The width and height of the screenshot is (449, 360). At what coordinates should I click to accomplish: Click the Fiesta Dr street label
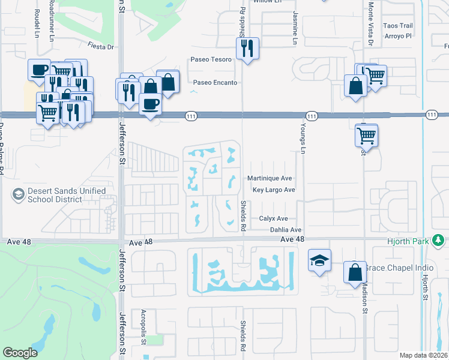tap(101, 46)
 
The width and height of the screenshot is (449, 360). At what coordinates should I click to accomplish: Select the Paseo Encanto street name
tap(215, 82)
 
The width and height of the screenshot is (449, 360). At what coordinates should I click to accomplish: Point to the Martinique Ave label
tap(270, 178)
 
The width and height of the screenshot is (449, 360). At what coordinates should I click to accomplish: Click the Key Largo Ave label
tap(274, 190)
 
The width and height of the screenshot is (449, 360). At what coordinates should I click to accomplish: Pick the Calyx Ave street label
tap(274, 218)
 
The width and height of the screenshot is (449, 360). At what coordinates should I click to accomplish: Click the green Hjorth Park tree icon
tap(439, 241)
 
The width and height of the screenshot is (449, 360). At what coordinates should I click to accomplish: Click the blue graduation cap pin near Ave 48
tap(320, 260)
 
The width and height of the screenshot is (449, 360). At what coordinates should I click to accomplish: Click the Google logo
tap(20, 353)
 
